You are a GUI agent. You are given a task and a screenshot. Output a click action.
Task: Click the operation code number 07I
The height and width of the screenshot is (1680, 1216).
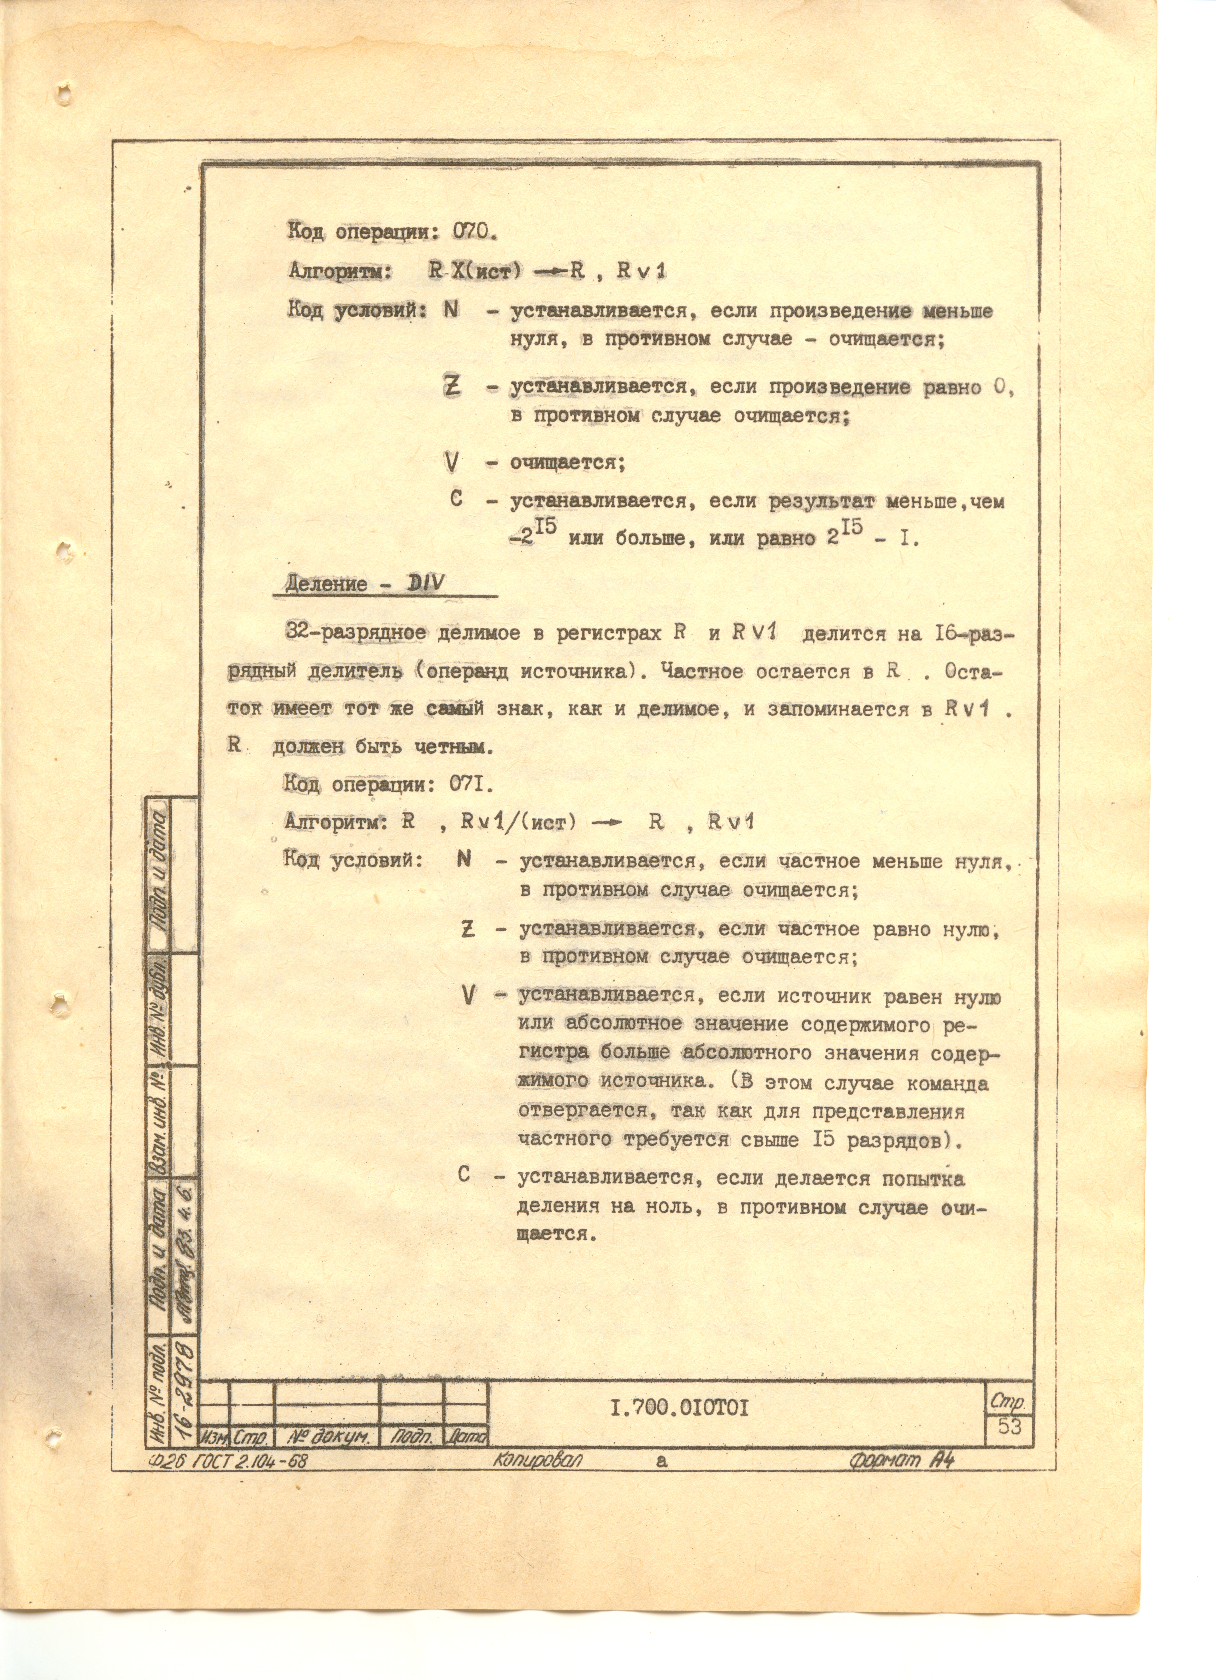coord(466,784)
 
